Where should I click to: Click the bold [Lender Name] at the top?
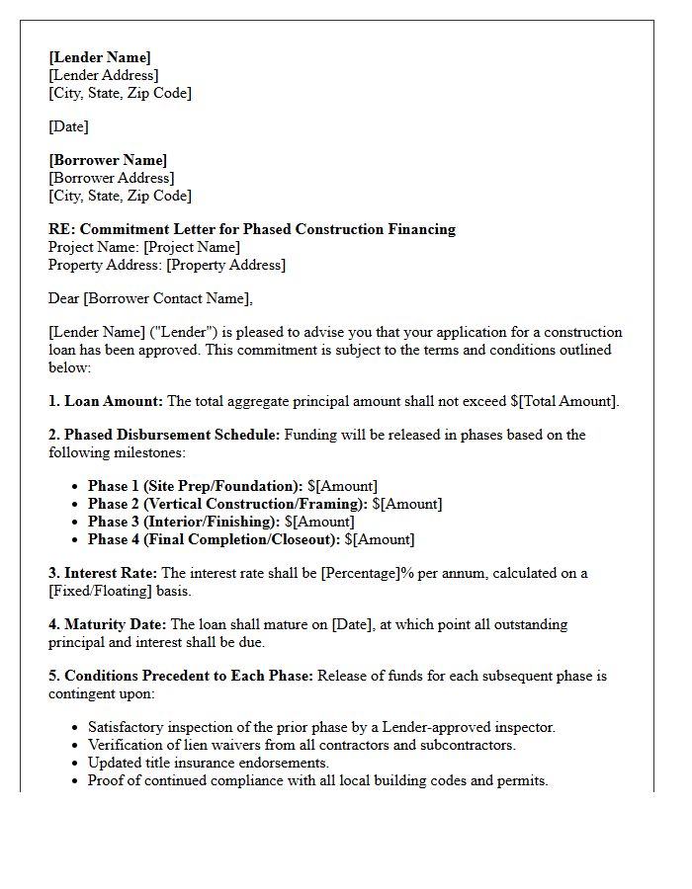coord(100,57)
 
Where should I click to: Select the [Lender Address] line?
coord(104,75)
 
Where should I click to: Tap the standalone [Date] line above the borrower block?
coord(68,126)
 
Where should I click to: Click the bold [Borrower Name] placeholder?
coord(108,160)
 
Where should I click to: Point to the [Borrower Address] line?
coord(112,178)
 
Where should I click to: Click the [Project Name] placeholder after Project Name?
coord(192,247)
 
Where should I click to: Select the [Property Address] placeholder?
coord(225,265)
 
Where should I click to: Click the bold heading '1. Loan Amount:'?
coord(106,401)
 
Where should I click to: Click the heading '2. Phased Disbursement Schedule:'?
coord(164,435)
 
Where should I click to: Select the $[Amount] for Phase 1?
coord(342,486)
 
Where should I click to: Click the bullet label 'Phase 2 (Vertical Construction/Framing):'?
coord(227,504)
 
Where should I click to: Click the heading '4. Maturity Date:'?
coord(108,624)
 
